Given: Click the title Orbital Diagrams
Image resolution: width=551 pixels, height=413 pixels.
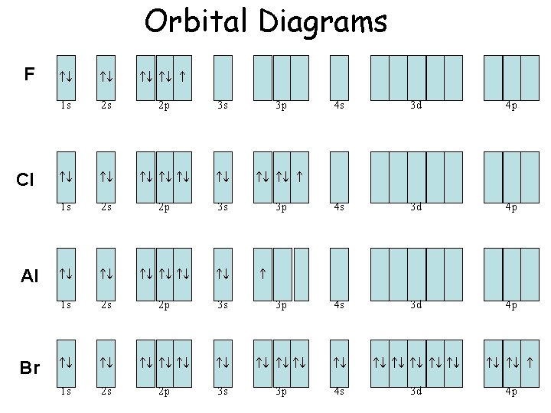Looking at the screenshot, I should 266,21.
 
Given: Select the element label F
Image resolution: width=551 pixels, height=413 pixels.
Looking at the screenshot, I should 29,74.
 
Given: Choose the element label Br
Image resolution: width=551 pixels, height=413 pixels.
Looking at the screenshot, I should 29,368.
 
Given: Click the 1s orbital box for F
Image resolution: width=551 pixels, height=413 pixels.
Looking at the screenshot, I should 67,76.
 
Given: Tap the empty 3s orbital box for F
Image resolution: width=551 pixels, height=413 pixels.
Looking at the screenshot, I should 223,76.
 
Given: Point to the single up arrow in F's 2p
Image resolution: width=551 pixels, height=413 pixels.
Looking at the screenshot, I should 183,76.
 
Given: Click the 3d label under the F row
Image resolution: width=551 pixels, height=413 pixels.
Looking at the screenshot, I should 416,106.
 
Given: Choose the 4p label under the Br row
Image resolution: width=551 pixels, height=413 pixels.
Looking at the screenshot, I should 511,392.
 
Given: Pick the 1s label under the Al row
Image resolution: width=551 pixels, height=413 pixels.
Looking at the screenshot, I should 67,304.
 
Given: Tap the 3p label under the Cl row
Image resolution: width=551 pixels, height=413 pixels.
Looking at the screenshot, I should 282,206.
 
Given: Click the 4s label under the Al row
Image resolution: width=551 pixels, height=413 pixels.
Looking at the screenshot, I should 339,304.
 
